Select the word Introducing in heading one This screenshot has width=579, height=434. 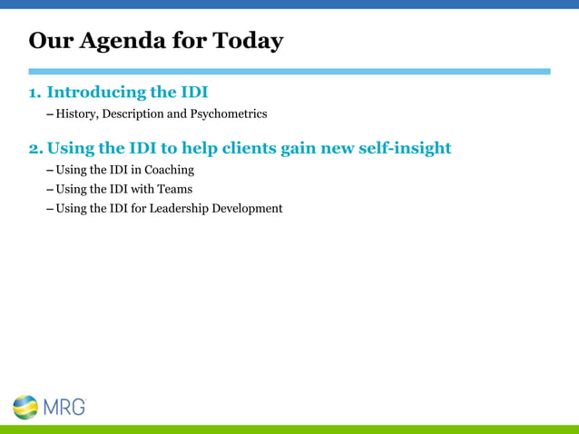pos(97,92)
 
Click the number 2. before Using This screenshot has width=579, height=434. pos(35,147)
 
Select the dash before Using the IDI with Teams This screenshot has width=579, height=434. pos(49,189)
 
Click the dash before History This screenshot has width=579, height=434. pos(49,114)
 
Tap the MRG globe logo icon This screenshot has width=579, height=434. pos(25,406)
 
